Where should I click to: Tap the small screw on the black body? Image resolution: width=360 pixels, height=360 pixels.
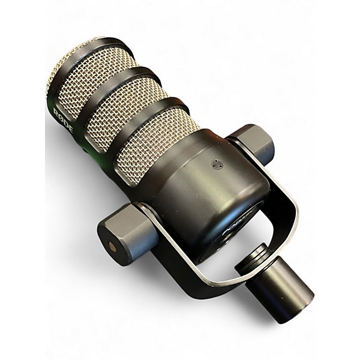click(217, 163)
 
